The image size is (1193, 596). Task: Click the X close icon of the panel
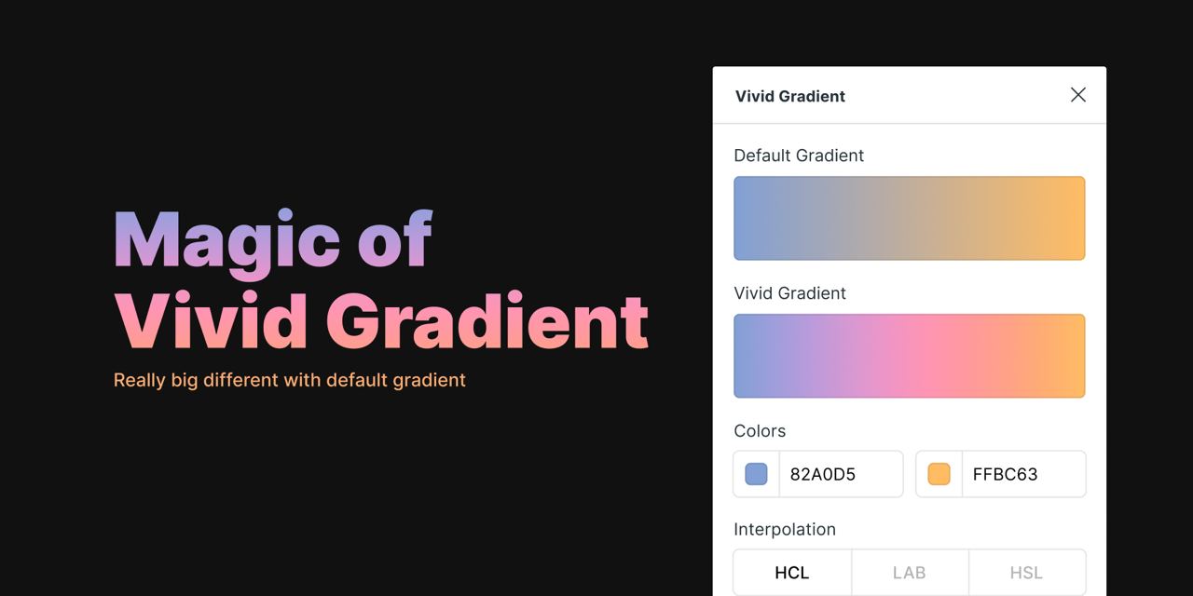[x=1078, y=95]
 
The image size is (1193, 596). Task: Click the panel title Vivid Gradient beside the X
[x=789, y=96]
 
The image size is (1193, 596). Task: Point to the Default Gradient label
[x=799, y=156]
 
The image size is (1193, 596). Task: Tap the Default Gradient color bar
[x=909, y=218]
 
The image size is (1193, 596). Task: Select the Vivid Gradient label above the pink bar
[x=789, y=293]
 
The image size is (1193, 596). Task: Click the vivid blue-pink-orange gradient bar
[x=909, y=356]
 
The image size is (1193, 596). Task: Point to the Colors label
[x=760, y=431]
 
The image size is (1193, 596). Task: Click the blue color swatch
[x=756, y=474]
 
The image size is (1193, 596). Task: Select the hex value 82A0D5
[x=822, y=474]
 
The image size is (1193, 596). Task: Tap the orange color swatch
[x=939, y=474]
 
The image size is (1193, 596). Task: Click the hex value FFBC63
[x=1005, y=474]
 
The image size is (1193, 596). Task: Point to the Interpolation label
[x=785, y=530]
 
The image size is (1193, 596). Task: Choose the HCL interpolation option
[x=792, y=573]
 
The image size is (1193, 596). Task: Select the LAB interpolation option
[x=909, y=573]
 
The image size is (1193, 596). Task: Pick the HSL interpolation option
[x=1026, y=573]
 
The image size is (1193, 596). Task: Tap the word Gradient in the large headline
[x=487, y=321]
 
